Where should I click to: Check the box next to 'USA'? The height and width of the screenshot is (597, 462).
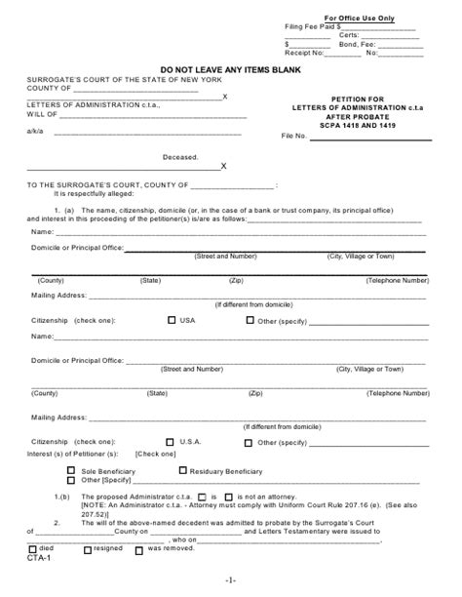[173, 319]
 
